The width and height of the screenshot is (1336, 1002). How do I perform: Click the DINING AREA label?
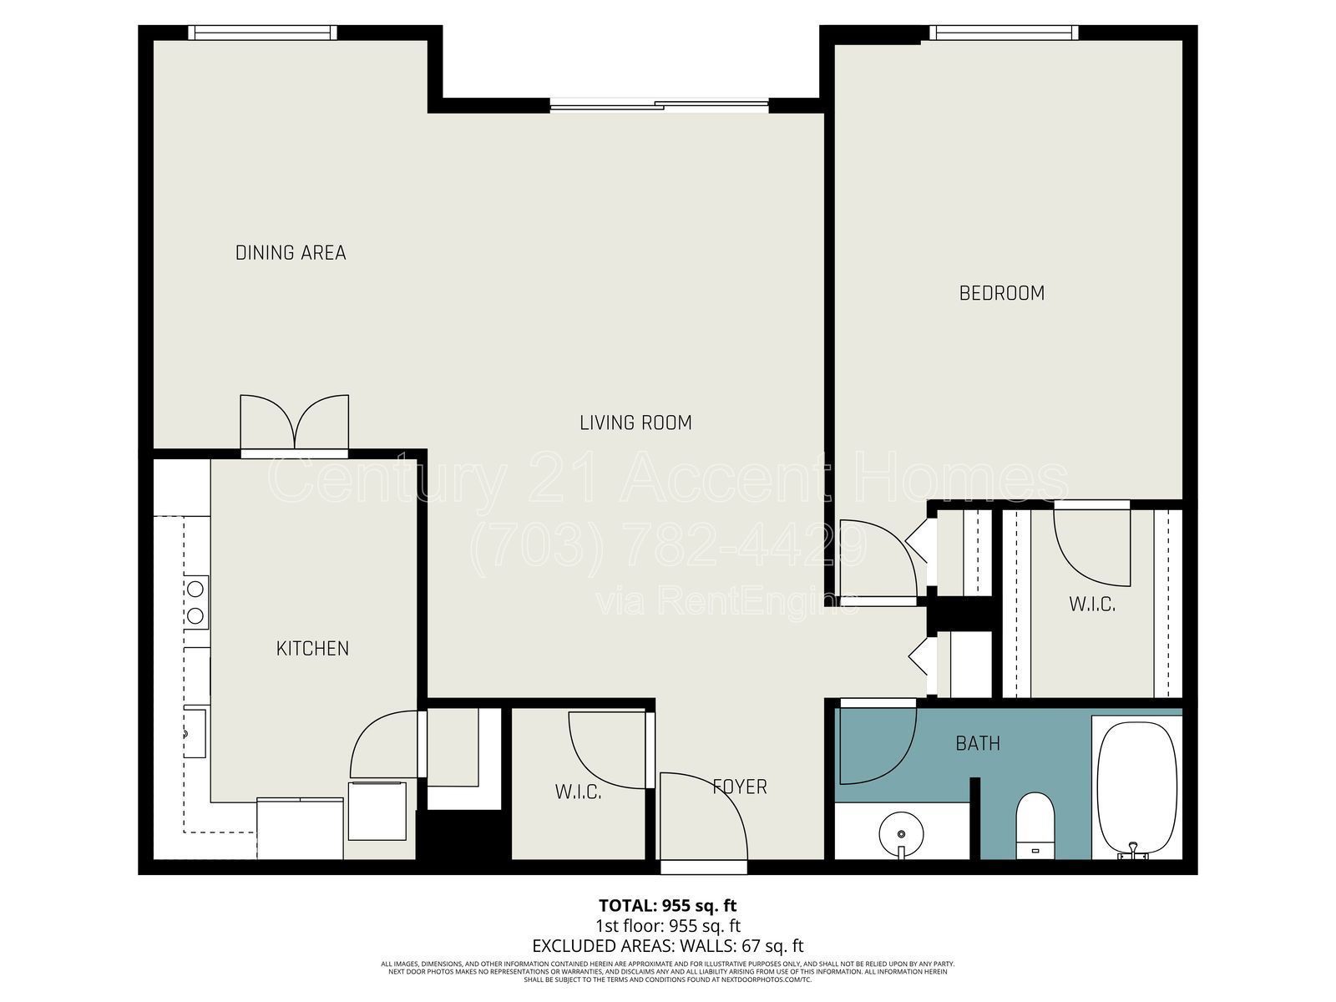pyautogui.click(x=290, y=252)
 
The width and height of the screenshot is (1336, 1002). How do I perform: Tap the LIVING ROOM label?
pyautogui.click(x=635, y=423)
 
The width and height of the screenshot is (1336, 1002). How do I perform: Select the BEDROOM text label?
pyautogui.click(x=1001, y=293)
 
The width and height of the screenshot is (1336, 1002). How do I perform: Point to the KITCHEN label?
pyautogui.click(x=312, y=648)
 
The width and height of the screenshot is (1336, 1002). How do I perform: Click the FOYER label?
pyautogui.click(x=739, y=787)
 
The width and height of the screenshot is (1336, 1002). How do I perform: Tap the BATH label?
pyautogui.click(x=978, y=743)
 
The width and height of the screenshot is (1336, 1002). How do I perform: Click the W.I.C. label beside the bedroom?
pyautogui.click(x=1092, y=604)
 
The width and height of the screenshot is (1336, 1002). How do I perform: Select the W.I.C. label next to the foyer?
pyautogui.click(x=578, y=792)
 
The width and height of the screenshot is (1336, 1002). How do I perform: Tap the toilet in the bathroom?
pyautogui.click(x=1035, y=822)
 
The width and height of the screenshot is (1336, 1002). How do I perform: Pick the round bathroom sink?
pyautogui.click(x=901, y=833)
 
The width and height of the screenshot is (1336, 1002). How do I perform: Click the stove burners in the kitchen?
pyautogui.click(x=195, y=602)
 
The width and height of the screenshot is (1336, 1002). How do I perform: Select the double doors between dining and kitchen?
pyautogui.click(x=294, y=424)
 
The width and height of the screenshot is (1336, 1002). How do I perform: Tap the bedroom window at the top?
pyautogui.click(x=1003, y=33)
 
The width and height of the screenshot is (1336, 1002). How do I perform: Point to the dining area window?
pyautogui.click(x=262, y=33)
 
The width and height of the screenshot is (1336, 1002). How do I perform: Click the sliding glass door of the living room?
pyautogui.click(x=660, y=105)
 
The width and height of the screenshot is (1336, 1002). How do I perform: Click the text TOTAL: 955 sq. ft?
pyautogui.click(x=667, y=905)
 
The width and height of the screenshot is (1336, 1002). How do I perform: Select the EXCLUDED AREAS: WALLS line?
pyautogui.click(x=667, y=946)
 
